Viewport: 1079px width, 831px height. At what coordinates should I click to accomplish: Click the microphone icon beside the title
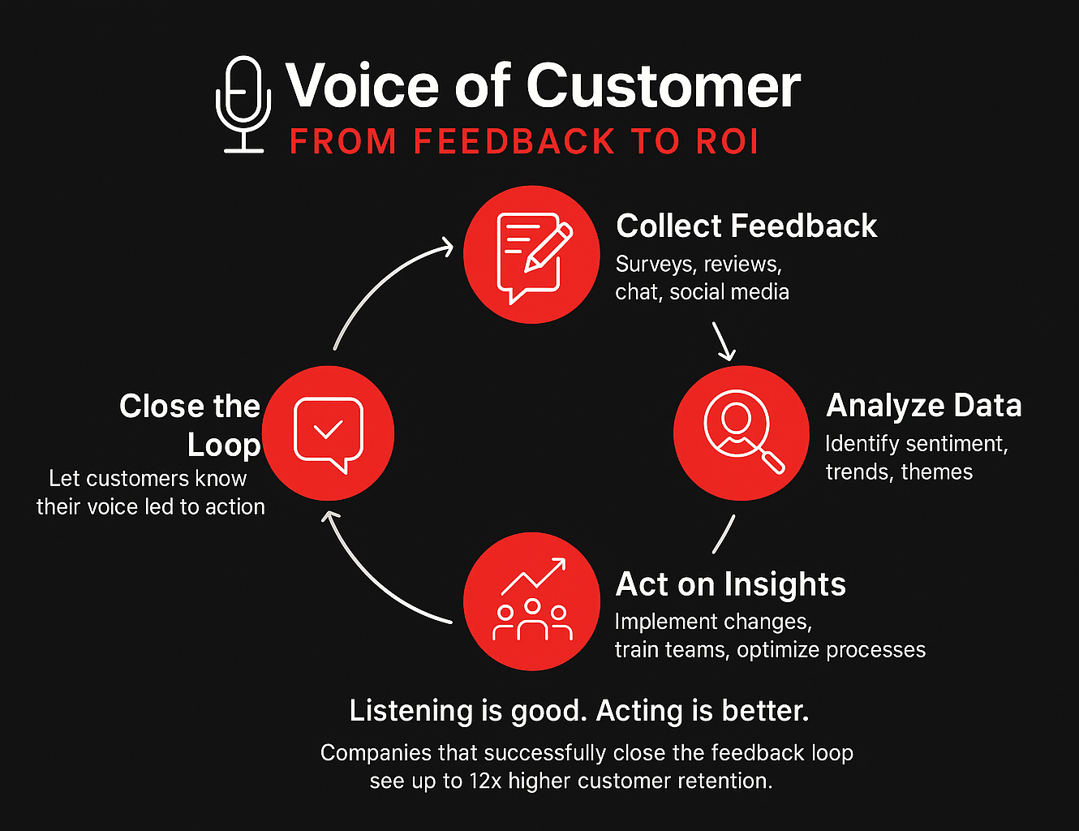click(x=243, y=104)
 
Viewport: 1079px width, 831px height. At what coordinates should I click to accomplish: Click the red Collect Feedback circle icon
click(x=531, y=254)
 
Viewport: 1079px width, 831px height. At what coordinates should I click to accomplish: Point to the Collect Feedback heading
click(x=746, y=226)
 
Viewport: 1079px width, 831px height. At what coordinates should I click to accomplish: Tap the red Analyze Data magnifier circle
click(x=742, y=433)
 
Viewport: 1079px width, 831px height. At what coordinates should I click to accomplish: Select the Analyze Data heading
click(x=923, y=406)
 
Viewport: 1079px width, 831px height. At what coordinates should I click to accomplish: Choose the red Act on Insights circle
click(x=531, y=601)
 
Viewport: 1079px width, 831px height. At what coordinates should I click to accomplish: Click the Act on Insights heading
click(x=730, y=584)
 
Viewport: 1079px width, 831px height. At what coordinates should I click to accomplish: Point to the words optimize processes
click(x=831, y=650)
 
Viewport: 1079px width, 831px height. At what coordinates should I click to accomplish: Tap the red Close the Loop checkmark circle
click(x=329, y=433)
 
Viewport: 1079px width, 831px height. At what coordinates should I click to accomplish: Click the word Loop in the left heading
click(x=224, y=445)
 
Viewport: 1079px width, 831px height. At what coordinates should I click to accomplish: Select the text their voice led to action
click(x=151, y=507)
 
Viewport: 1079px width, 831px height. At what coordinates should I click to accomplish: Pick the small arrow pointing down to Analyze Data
click(x=724, y=341)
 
